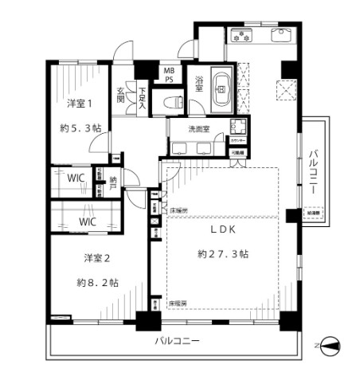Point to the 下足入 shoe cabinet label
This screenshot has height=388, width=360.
[143, 96]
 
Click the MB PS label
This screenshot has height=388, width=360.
[169, 74]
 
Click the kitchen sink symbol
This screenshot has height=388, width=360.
[282, 36]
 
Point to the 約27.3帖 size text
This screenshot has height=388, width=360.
[223, 254]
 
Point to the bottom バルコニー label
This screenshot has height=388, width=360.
[177, 342]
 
